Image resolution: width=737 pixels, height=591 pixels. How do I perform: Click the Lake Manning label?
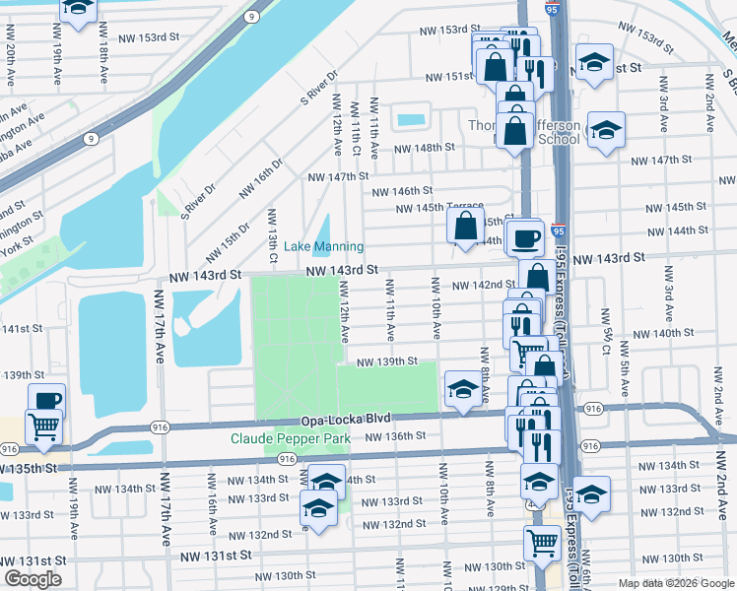[323, 246]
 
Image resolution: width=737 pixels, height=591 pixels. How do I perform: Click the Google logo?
[33, 579]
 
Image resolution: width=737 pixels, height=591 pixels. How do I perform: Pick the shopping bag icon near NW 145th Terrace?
[465, 226]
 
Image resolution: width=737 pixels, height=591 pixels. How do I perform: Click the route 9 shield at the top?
[253, 17]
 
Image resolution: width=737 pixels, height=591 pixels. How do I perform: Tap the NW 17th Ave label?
[159, 325]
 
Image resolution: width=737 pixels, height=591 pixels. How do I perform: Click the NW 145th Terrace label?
[439, 207]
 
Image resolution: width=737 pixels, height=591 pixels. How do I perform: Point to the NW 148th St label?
[425, 148]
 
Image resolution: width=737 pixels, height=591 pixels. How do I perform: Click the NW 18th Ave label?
[102, 60]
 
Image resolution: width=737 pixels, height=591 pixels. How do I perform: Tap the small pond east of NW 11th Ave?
[410, 121]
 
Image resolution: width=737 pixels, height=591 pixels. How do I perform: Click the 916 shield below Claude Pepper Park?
[287, 460]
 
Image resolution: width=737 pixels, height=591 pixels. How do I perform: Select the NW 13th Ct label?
[272, 228]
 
